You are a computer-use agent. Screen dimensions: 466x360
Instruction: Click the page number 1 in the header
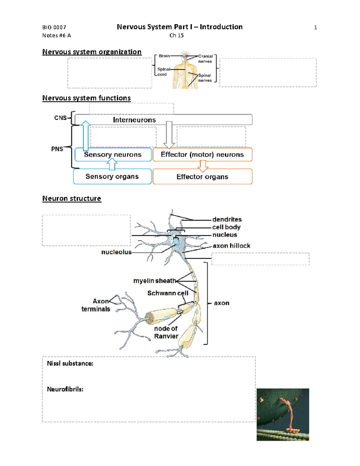point(315,28)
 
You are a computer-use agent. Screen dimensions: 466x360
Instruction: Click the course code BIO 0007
point(54,27)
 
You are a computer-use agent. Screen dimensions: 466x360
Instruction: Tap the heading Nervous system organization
point(92,52)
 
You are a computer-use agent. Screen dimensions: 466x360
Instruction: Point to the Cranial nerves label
point(205,59)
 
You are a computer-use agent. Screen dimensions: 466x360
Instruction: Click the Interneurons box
point(163,120)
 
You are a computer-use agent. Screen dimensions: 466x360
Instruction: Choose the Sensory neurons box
point(113,155)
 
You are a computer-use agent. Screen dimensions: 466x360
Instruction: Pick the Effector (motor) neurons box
point(202,155)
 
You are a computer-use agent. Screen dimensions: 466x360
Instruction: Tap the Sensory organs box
point(112,176)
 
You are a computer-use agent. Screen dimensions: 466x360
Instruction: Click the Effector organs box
point(202,177)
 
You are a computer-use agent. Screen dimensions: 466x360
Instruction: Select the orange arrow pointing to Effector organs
point(203,166)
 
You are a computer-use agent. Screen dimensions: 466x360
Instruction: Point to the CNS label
point(60,118)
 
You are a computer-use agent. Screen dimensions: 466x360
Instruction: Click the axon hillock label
point(231,246)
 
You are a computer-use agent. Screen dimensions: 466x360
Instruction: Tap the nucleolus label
point(116,252)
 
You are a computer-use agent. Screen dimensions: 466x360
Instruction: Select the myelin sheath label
point(154,281)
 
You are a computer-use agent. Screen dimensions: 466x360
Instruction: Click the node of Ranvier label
point(166,332)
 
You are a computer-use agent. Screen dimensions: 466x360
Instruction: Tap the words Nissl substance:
point(70,364)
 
